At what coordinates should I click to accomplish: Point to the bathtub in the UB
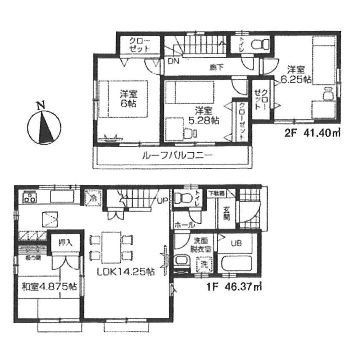[x=237, y=261]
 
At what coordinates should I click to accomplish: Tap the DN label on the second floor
[x=173, y=61]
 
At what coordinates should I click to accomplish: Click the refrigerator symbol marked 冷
[x=93, y=198]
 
